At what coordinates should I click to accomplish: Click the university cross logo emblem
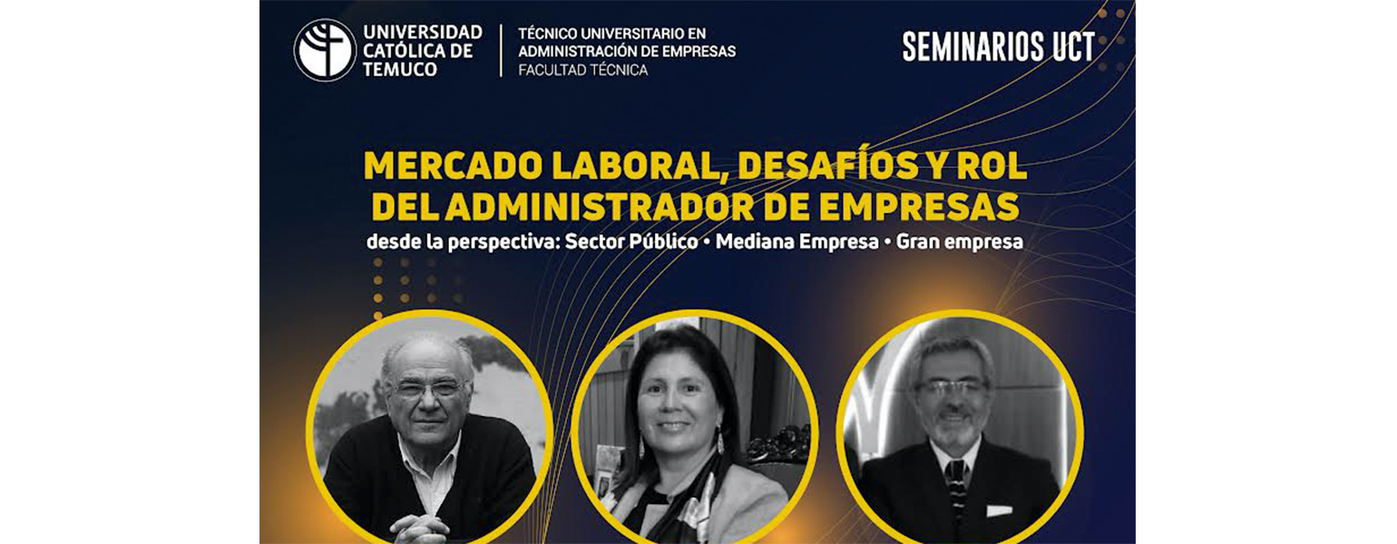tap(325, 50)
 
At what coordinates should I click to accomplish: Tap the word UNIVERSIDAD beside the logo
tap(423, 32)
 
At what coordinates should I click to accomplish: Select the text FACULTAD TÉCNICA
tap(583, 71)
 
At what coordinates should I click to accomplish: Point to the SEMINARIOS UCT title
tap(999, 47)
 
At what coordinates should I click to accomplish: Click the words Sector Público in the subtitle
tap(631, 242)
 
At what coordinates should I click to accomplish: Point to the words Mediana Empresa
tap(797, 242)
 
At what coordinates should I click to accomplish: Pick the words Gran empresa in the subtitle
tap(959, 242)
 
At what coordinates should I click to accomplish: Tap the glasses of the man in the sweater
tap(426, 390)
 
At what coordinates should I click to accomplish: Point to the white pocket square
tap(999, 511)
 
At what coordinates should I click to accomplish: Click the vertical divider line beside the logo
tap(501, 51)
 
